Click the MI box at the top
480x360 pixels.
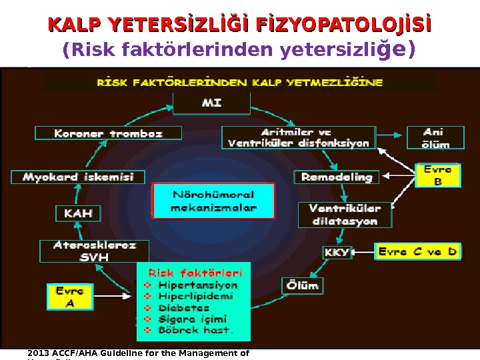coord(212,103)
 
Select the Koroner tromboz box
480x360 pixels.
coord(108,133)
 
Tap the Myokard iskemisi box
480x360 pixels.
coord(78,177)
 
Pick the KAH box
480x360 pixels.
coord(78,214)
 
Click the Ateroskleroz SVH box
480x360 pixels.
coord(95,251)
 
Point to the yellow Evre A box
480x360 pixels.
coord(69,297)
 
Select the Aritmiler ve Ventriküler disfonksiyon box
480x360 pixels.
coord(298,138)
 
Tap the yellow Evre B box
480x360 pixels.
coord(438,175)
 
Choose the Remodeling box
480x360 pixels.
coord(337,177)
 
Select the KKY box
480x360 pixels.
coord(335,253)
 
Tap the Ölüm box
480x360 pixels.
coord(303,286)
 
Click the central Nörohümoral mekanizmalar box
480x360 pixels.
coord(213,201)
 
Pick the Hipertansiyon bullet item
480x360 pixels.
coord(198,285)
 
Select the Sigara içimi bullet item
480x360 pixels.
coord(193,319)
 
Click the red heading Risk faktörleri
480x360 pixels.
coord(195,273)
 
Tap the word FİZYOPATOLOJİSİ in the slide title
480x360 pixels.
coord(343,25)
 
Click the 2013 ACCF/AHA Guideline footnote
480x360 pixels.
coord(139,353)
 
